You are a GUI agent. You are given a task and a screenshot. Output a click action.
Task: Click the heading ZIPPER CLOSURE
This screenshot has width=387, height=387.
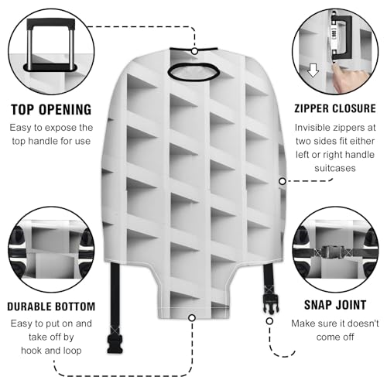click(x=334, y=108)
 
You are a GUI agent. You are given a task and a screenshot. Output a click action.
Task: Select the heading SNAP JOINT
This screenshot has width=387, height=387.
click(x=334, y=307)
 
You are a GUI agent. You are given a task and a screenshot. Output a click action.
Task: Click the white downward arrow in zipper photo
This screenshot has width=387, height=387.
click(x=313, y=71)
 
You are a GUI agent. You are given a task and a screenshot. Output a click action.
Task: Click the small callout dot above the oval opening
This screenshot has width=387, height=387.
click(x=193, y=51)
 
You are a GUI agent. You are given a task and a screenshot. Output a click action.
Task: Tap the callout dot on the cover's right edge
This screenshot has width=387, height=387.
click(x=282, y=181)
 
